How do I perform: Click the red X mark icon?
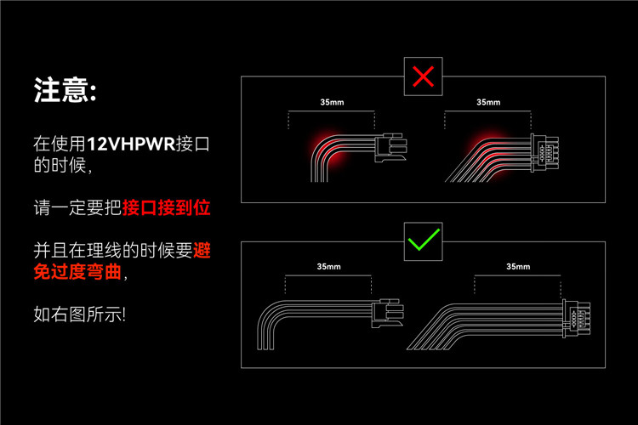pos(423,76)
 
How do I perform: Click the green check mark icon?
pos(424,240)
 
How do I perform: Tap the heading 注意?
pos(66,90)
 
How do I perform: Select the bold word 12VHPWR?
pos(131,144)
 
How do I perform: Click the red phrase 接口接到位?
pos(166,207)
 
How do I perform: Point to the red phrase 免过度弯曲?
pos(77,272)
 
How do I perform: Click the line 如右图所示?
pos(80,314)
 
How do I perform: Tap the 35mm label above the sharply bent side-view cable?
pos(332,102)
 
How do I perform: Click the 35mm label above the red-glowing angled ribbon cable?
pos(488,102)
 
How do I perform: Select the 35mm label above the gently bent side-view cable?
pos(328,266)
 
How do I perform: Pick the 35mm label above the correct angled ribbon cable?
pos(518,266)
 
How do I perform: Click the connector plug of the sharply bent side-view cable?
pos(390,148)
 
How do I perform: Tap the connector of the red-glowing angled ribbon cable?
pos(544,152)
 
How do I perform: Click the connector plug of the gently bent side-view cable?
pos(387,313)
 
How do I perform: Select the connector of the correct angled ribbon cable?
pos(576,319)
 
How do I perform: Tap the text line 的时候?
pos(63,165)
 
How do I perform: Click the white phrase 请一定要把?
pos(77,207)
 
